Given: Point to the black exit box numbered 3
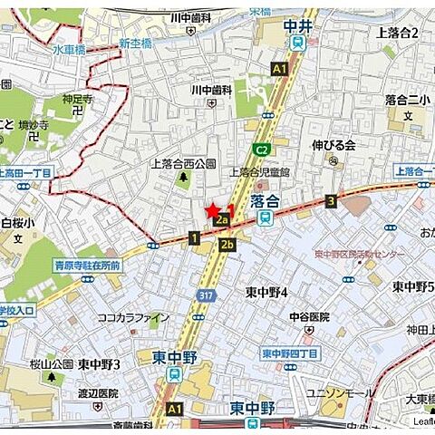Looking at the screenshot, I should pos(331,201).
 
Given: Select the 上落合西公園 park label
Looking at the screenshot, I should pos(183,164).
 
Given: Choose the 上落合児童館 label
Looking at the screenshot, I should pos(258,171).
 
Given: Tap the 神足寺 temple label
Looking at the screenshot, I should pos(78,99).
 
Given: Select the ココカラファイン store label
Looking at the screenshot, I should pos(133,317).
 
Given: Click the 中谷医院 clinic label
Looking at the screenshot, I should pos(309,316).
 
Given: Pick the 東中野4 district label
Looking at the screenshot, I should pos(266,292).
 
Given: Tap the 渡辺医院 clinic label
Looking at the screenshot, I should pos(98,393).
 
